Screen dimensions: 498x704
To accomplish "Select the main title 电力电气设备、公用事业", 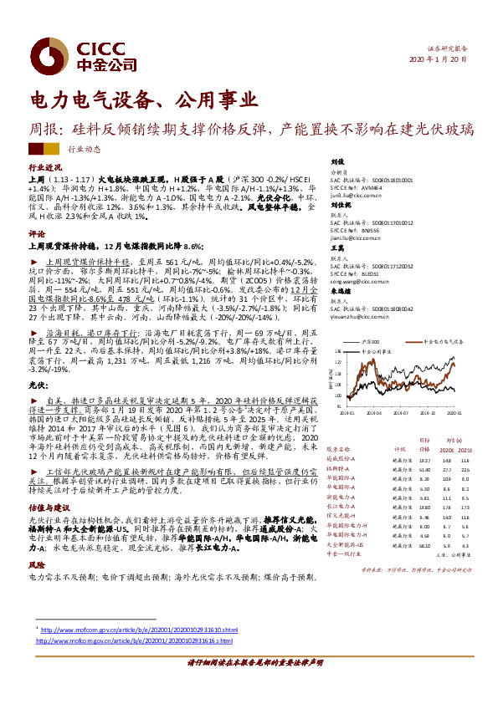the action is [x=144, y=100].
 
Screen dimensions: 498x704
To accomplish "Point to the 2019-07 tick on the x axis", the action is [x=403, y=412].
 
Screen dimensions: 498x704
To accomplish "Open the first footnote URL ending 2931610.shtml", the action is [x=139, y=629].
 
